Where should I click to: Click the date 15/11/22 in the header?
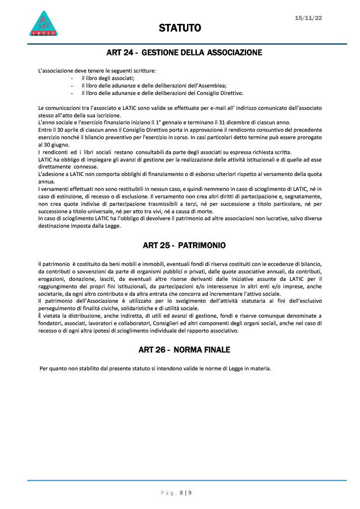click(x=308, y=18)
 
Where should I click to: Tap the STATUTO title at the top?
click(x=180, y=28)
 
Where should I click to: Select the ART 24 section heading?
click(x=184, y=52)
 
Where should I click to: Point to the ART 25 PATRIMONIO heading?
click(x=184, y=246)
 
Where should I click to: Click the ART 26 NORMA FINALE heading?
click(x=184, y=350)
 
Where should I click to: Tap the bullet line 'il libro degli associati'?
click(x=108, y=78)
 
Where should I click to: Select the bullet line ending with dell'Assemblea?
click(x=154, y=85)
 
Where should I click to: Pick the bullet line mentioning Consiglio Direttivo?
click(x=162, y=92)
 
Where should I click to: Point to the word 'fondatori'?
click(x=50, y=324)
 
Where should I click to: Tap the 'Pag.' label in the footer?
click(x=168, y=493)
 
